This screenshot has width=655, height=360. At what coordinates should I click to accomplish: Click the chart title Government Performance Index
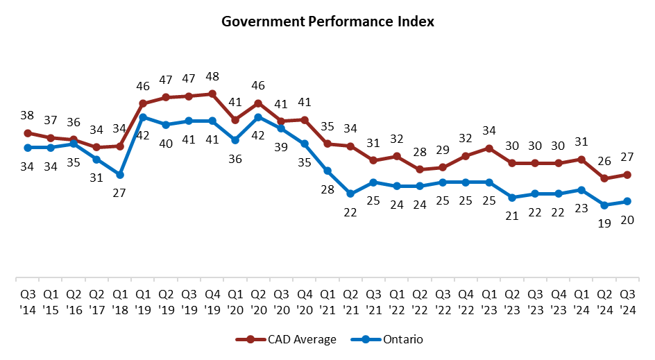[327, 22]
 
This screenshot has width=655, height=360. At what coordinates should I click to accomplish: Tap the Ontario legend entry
[393, 339]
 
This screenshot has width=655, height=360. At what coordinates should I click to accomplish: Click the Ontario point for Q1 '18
[119, 175]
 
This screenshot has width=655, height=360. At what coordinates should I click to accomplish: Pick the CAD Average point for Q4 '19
[212, 94]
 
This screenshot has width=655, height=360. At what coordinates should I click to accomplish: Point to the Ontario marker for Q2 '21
[350, 194]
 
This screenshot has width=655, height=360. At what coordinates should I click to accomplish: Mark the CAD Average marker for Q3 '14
[27, 133]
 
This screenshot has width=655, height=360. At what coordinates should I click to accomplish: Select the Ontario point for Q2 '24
[604, 205]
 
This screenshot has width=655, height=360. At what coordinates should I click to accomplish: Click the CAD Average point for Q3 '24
[627, 175]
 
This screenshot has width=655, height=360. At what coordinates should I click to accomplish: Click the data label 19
[604, 223]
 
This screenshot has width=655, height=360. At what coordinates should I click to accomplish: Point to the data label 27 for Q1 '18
[119, 193]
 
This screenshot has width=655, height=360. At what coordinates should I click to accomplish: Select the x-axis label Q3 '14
[27, 298]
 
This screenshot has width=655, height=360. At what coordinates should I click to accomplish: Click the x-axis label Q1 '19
[142, 298]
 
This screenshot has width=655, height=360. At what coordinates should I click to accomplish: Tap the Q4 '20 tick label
[304, 298]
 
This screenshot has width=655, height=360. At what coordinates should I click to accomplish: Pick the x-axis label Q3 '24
[627, 298]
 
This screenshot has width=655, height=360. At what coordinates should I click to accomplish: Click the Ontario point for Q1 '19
[142, 117]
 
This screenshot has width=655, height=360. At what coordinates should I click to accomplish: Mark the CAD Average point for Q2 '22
[420, 169]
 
